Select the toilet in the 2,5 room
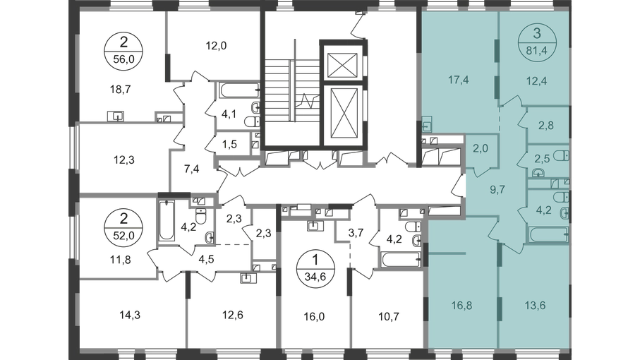(560, 156)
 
